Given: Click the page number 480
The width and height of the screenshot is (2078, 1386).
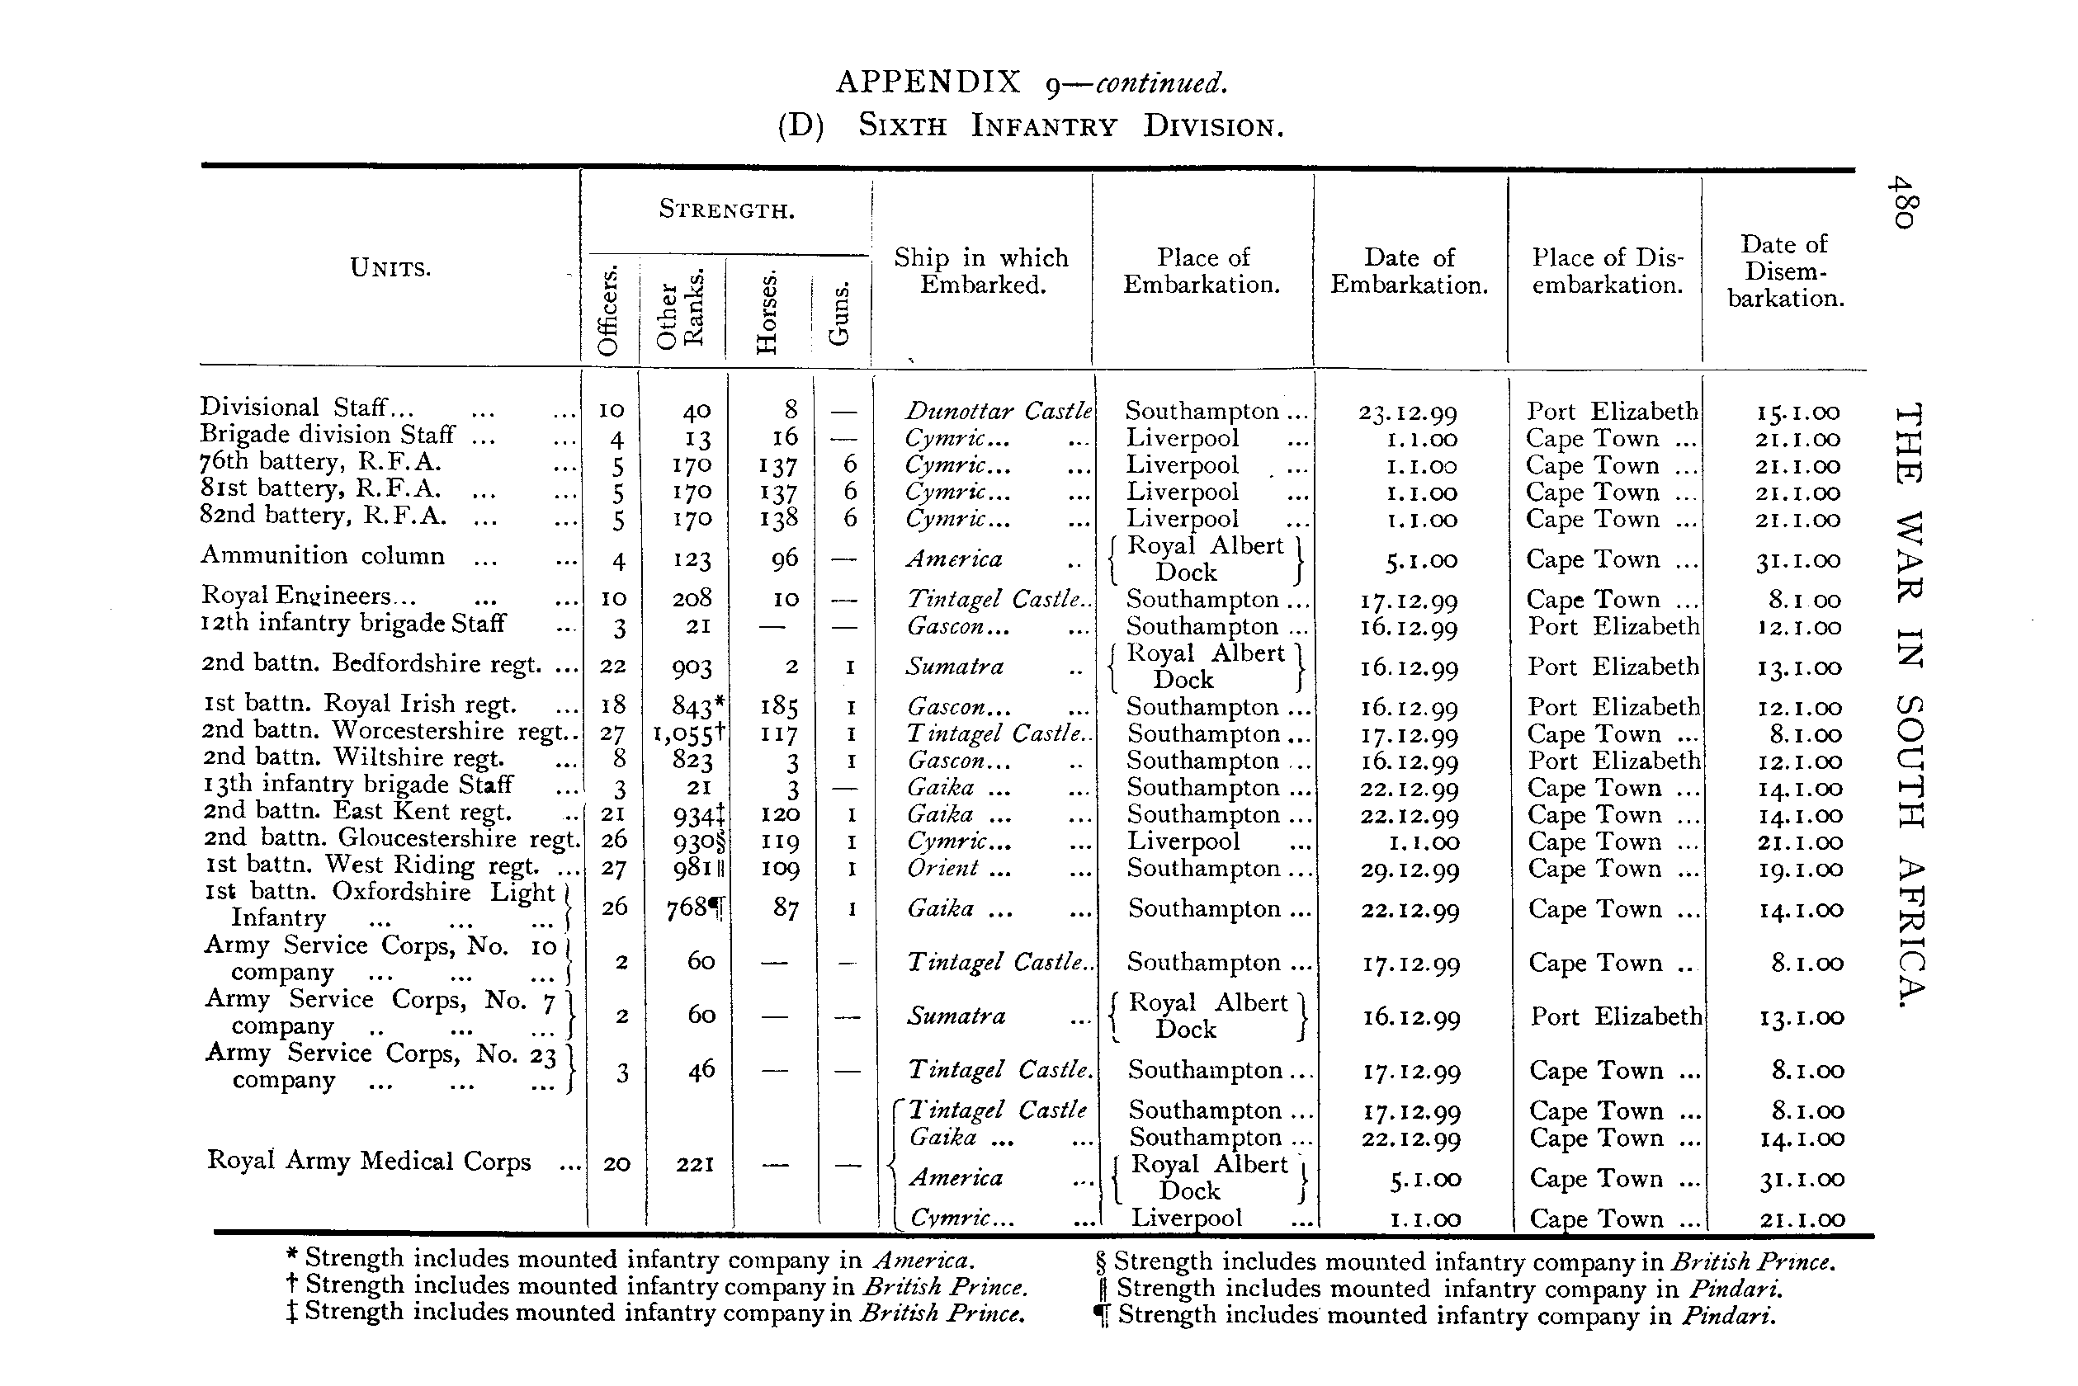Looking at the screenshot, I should [1901, 202].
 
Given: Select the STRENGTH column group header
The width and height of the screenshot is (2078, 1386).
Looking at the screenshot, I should [727, 210].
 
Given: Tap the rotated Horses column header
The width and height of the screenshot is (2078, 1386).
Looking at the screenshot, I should [767, 311].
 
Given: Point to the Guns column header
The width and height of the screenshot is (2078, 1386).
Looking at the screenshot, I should [838, 313].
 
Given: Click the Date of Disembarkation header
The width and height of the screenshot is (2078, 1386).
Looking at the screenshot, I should [1785, 271].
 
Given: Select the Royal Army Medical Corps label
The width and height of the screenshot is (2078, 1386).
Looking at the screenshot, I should [369, 1162].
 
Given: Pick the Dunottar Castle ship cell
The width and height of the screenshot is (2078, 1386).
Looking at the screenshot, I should [998, 411].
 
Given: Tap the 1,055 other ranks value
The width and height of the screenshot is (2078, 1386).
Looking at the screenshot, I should [688, 733].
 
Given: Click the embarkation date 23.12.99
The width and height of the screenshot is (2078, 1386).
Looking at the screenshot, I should [1408, 412].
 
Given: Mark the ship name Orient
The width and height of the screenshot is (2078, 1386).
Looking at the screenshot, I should [942, 869].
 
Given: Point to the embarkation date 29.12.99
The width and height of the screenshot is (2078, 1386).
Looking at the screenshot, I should [1409, 870].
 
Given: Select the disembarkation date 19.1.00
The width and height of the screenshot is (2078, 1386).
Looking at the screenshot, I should [1799, 870].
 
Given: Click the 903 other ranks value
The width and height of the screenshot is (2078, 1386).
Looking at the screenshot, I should [692, 667].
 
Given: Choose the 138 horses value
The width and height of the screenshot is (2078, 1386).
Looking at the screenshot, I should [778, 519].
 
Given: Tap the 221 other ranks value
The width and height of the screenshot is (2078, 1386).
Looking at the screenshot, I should [695, 1165].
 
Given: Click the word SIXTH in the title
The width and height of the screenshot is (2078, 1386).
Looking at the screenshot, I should [902, 126].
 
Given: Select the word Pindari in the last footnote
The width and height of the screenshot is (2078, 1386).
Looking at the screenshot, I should [1727, 1316].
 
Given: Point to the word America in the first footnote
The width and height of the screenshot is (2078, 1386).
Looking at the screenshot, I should [923, 1260].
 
